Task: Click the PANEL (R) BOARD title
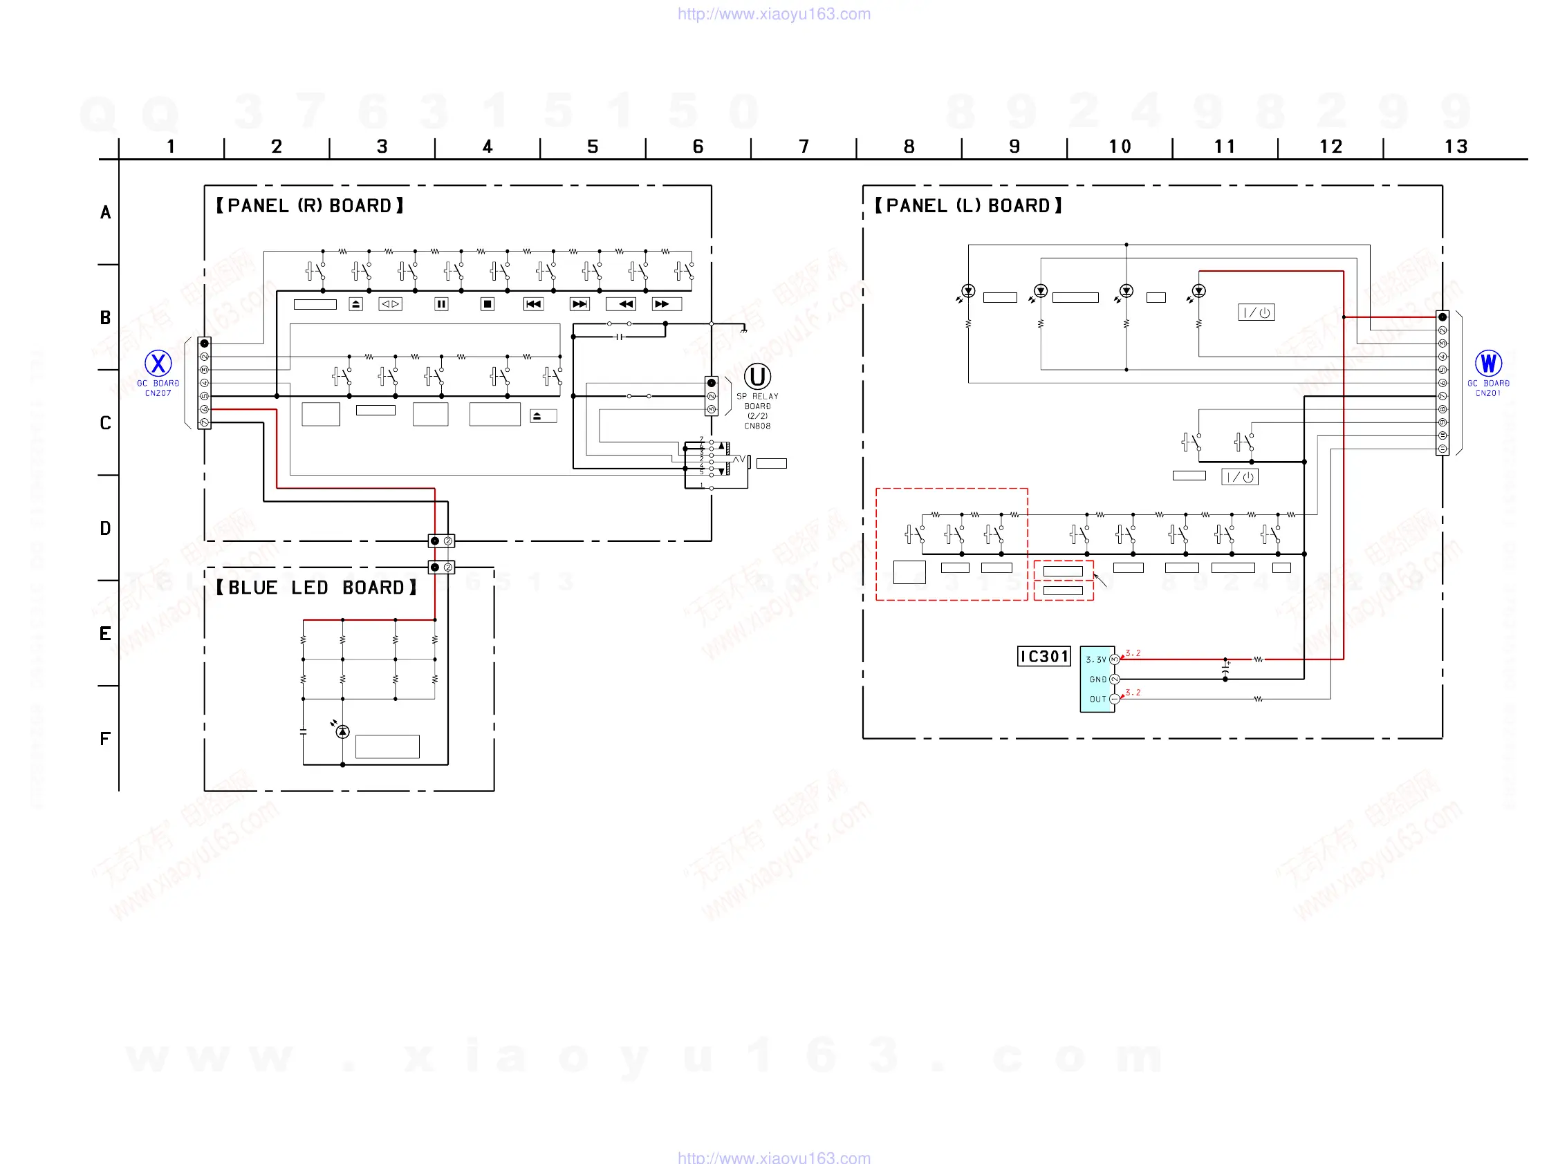tap(310, 206)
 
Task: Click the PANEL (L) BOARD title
tap(969, 206)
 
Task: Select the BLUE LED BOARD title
tap(316, 588)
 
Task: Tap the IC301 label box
tap(1044, 657)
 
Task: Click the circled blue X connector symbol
tap(158, 364)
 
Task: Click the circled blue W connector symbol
tap(1488, 364)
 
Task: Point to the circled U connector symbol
tap(757, 377)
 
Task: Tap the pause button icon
tap(441, 303)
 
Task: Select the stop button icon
tap(488, 303)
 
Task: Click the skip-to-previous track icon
tap(534, 303)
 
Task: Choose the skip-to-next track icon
tap(579, 303)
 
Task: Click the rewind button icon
tap(621, 303)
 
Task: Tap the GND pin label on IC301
tap(1097, 679)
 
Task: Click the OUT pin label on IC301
tap(1097, 700)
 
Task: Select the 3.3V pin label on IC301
tap(1096, 660)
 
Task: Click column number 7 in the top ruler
tap(804, 147)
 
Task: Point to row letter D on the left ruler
tap(105, 529)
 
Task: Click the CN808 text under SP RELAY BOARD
tap(757, 426)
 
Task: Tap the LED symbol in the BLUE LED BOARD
tap(342, 731)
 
